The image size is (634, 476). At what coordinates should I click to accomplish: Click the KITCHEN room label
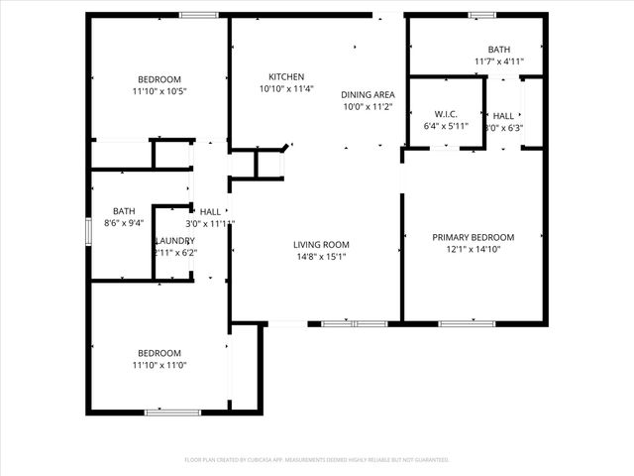(x=286, y=76)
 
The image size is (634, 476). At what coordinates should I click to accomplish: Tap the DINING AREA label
(x=368, y=94)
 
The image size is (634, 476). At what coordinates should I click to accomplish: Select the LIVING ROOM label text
(x=321, y=244)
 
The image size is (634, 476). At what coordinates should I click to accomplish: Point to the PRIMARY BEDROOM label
(x=474, y=237)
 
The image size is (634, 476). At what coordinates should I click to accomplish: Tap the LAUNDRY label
(x=175, y=241)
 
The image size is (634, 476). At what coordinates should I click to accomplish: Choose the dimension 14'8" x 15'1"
(x=321, y=256)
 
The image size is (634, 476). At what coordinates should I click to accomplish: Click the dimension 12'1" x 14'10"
(x=474, y=249)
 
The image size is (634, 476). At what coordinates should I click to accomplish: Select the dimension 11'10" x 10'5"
(x=158, y=91)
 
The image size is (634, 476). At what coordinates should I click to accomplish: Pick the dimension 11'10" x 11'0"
(x=158, y=365)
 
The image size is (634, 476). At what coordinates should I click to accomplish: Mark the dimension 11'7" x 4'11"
(x=498, y=61)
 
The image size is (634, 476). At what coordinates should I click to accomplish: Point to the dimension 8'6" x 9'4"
(x=124, y=222)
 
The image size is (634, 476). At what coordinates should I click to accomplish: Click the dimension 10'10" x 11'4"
(x=286, y=88)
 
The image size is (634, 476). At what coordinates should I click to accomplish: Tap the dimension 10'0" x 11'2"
(x=368, y=106)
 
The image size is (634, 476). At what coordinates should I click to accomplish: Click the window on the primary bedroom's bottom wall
(x=467, y=323)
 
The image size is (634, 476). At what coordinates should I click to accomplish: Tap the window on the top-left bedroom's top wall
(x=199, y=15)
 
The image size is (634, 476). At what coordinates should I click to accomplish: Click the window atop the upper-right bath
(x=482, y=15)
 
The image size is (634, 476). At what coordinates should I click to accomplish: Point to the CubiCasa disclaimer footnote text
(x=317, y=459)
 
